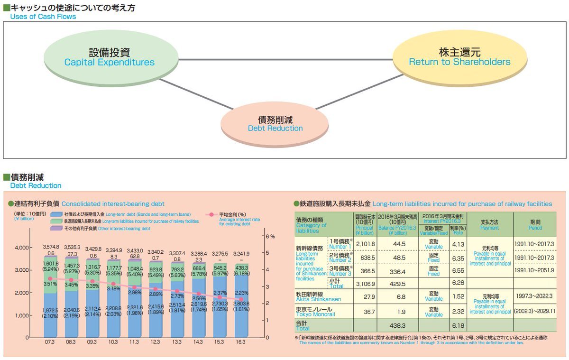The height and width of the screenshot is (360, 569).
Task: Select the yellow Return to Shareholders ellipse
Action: coord(459,57)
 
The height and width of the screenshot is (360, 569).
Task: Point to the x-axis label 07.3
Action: coord(50,342)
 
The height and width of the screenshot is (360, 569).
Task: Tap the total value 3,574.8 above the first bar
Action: coord(50,247)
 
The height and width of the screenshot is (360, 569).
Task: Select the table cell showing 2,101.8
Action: coord(365,244)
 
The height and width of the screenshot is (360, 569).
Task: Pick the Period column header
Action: coord(535,224)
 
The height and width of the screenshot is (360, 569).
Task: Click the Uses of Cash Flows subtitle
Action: coord(43,17)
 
